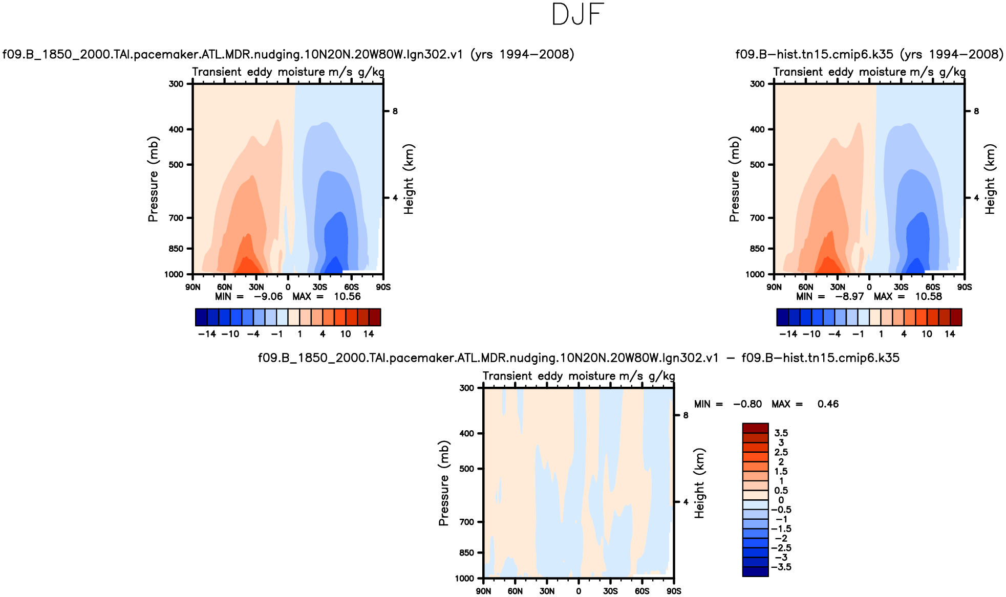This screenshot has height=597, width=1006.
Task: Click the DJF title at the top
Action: click(578, 15)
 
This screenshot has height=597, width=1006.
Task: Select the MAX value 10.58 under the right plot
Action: click(928, 297)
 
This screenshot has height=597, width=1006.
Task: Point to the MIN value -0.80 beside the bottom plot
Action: click(747, 404)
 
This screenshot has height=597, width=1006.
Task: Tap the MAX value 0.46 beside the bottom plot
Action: click(828, 404)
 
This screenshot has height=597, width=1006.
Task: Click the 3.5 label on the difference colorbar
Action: click(781, 433)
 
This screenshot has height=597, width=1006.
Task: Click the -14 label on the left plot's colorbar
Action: click(207, 334)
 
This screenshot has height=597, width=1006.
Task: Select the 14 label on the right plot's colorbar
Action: click(950, 334)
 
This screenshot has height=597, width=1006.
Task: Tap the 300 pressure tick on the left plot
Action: click(176, 84)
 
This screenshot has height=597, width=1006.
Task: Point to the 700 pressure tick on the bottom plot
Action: click(466, 522)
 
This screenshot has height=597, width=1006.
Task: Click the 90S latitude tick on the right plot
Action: click(965, 287)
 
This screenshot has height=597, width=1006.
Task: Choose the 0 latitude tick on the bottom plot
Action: click(579, 591)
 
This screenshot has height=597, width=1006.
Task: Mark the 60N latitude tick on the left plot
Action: click(224, 287)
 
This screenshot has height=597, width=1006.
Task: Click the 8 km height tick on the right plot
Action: click(976, 111)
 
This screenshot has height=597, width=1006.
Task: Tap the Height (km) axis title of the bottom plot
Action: click(699, 483)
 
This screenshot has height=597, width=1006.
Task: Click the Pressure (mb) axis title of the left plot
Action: click(153, 179)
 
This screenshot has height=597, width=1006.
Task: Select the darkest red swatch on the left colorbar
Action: click(375, 317)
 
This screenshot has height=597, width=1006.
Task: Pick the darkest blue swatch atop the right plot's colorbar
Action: click(782, 317)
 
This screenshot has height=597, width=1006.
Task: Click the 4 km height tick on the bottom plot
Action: click(686, 502)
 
